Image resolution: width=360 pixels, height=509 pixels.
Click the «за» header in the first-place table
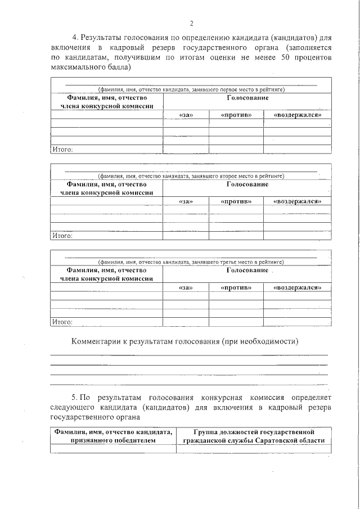click(x=186, y=115)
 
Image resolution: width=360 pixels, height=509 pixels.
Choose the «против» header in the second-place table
click(x=236, y=201)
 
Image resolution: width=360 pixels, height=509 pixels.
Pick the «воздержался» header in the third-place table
click(x=297, y=287)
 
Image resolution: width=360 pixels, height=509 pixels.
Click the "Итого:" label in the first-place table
click(x=62, y=150)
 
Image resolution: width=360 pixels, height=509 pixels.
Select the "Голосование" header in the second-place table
click(x=247, y=184)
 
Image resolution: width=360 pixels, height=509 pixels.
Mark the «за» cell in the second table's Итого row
click(x=186, y=236)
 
